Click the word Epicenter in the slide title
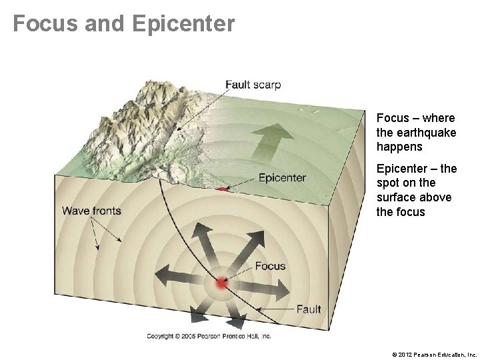(184, 24)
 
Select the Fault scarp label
(253, 85)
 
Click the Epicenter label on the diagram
(282, 177)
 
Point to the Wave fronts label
(91, 211)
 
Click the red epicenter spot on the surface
(222, 190)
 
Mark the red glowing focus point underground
(222, 284)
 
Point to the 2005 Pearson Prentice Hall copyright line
(209, 337)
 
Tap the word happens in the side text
(399, 147)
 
